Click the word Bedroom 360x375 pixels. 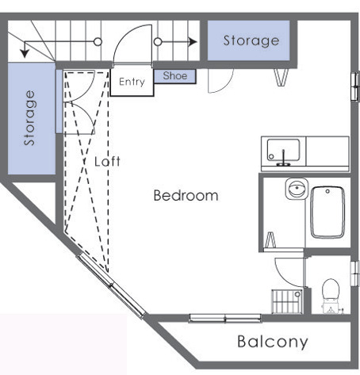[186, 195]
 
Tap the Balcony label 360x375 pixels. [272, 342]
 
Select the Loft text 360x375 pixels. [107, 161]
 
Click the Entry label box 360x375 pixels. [131, 82]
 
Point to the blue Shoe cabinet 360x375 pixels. [174, 76]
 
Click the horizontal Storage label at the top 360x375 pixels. [251, 40]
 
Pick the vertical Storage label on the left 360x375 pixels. [30, 118]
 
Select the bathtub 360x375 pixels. [329, 212]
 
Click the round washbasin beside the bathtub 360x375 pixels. [295, 190]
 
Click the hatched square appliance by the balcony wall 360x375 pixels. [285, 302]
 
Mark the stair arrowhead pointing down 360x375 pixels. [26, 53]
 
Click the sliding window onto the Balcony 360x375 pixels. [225, 319]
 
